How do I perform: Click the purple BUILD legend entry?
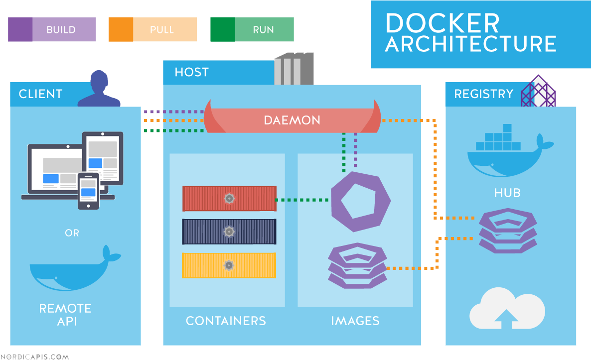point(52,29)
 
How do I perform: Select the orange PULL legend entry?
point(152,29)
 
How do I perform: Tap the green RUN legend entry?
point(252,29)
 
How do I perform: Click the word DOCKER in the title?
point(442,23)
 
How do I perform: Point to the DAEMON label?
point(292,120)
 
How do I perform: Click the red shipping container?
point(229,199)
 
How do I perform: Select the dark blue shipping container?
point(229,232)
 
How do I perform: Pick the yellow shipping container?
point(229,265)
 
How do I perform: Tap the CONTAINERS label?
point(226,321)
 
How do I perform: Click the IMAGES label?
point(355,321)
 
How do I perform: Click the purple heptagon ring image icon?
point(361,201)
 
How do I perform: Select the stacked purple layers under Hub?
point(508,231)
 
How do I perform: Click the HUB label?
point(507,193)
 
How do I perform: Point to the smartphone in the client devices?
point(88,191)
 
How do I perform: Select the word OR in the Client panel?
point(72,233)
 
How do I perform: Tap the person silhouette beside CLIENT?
point(99,89)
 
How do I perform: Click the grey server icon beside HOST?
point(294,69)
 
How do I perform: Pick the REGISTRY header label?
point(483,94)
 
